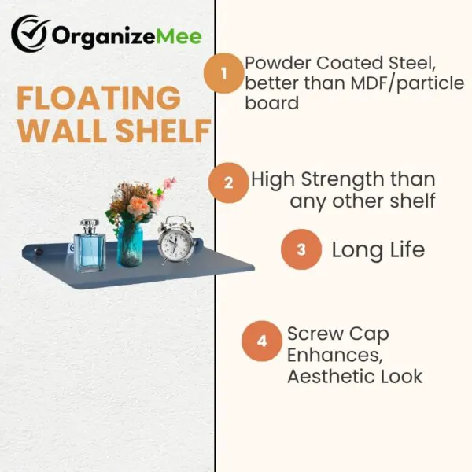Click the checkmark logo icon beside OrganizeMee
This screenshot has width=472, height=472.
click(30, 35)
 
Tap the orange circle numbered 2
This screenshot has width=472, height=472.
click(228, 183)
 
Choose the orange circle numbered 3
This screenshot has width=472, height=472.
click(301, 250)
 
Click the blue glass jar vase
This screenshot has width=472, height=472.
click(130, 245)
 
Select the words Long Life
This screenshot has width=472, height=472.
click(378, 250)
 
